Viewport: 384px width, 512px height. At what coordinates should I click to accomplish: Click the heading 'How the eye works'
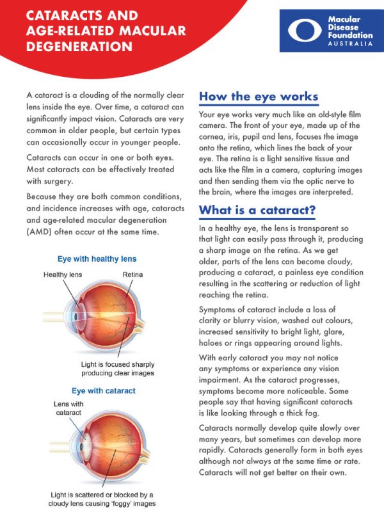259,97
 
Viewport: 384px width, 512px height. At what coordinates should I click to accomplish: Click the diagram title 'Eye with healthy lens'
97,259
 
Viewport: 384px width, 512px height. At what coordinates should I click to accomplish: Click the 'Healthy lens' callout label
64,275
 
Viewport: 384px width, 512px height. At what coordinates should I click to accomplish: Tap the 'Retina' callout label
132,275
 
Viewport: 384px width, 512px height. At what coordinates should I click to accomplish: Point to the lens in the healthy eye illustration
77,314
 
